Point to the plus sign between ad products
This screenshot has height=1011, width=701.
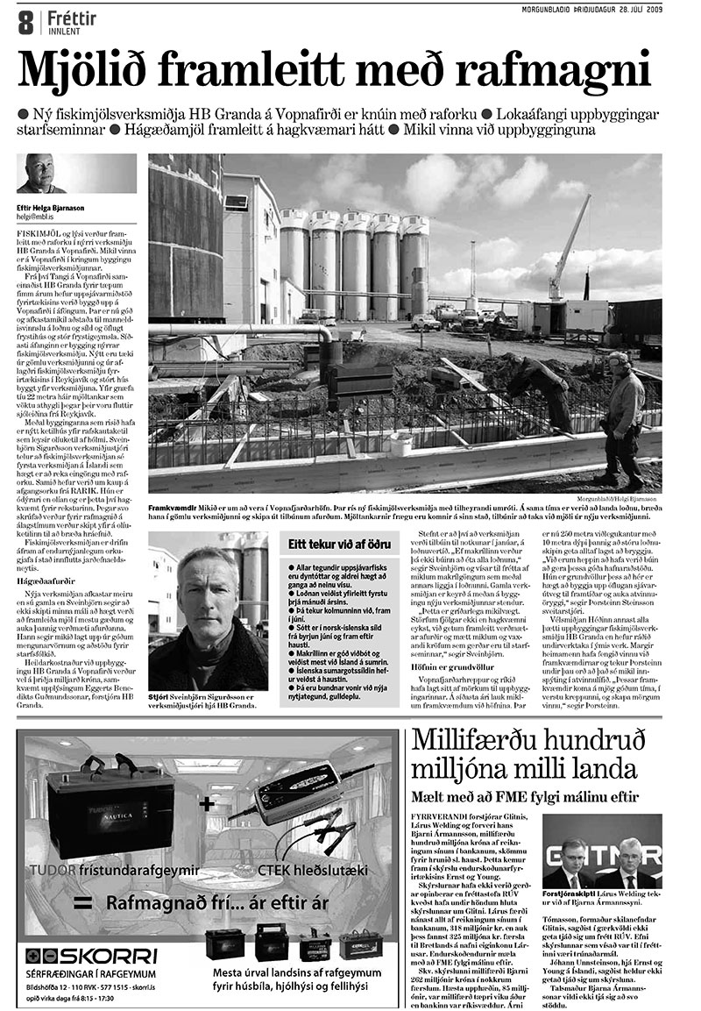coord(205,802)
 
